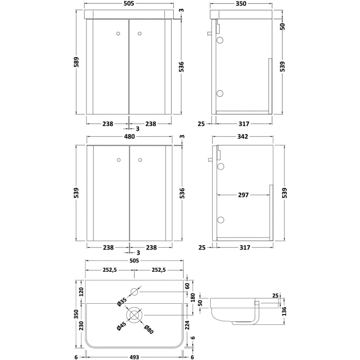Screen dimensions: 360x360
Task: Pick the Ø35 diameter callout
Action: pyautogui.click(x=122, y=302)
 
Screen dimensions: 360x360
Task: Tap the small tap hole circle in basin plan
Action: pyautogui.click(x=135, y=291)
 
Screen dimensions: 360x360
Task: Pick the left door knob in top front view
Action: pyautogui.click(x=119, y=33)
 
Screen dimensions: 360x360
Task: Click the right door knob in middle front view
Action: pyautogui.click(x=139, y=159)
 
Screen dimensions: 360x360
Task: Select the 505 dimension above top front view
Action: pyautogui.click(x=129, y=4)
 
